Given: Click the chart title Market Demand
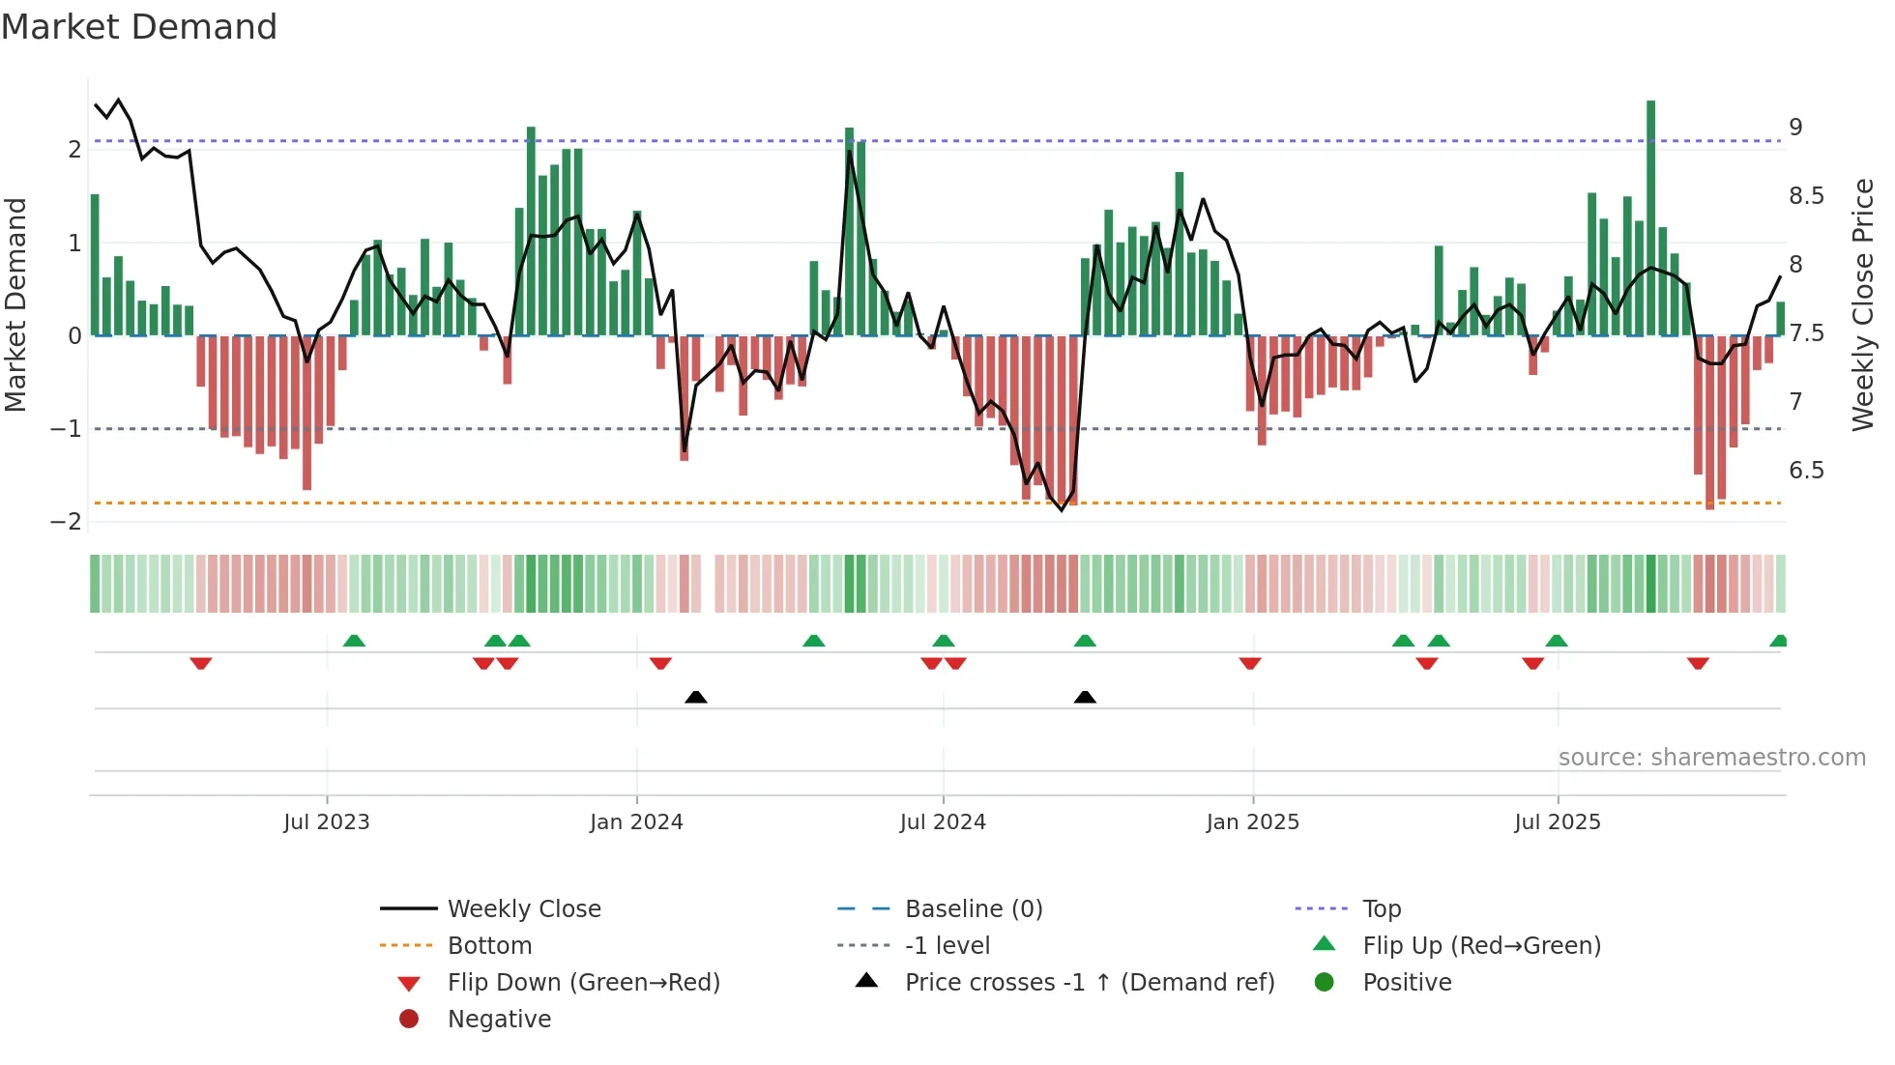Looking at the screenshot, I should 139,27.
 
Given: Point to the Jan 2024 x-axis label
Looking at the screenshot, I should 636,821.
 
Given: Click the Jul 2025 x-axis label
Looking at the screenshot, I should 1557,821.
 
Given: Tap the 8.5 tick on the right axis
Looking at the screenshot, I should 1805,196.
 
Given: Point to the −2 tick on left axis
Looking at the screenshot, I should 66,521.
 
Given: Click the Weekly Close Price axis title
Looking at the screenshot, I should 1862,304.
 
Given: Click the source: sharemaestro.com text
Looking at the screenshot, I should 1711,757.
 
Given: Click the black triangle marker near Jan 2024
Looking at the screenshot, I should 695,697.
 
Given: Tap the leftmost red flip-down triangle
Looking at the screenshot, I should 200,663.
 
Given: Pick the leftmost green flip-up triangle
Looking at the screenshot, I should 354,641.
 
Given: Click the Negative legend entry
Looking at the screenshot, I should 498,1019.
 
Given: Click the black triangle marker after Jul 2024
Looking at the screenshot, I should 1085,697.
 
